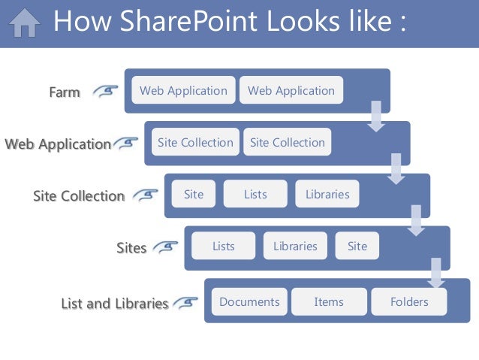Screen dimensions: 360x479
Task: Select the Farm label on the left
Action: (x=65, y=93)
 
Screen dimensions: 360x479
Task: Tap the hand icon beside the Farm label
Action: (x=107, y=92)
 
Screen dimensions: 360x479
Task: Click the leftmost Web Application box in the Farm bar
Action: (x=183, y=90)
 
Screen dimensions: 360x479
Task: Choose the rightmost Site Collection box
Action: (x=287, y=142)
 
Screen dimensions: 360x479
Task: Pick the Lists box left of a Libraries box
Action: (x=255, y=194)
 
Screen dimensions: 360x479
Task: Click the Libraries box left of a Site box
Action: (x=295, y=246)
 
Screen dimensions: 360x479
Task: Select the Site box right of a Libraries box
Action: (x=357, y=246)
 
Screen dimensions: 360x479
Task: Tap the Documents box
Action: (x=249, y=301)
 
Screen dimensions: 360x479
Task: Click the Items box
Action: (x=329, y=301)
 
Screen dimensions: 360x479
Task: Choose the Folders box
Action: (x=409, y=301)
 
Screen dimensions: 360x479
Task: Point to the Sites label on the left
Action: (x=131, y=247)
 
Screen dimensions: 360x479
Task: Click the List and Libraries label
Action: (x=115, y=304)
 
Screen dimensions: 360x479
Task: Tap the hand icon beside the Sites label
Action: (x=167, y=246)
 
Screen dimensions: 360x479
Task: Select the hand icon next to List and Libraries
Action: (x=186, y=302)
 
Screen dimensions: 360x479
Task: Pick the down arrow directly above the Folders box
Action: (x=435, y=274)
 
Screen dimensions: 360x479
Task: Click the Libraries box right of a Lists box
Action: (x=327, y=194)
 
